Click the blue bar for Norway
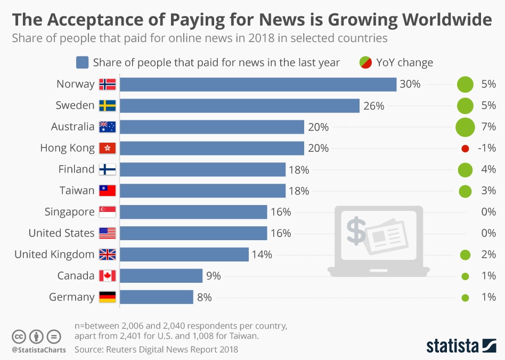[x=258, y=84]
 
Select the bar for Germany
[x=157, y=297]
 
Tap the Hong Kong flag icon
[x=107, y=148]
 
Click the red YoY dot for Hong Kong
[x=465, y=149]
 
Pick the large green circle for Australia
[x=465, y=127]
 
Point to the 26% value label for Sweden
[x=373, y=105]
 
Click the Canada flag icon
[x=107, y=276]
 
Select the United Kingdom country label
[x=54, y=255]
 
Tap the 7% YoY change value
[x=488, y=127]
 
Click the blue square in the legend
[x=82, y=62]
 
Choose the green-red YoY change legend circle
[x=365, y=62]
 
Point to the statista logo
[x=460, y=346]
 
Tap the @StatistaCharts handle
[x=39, y=350]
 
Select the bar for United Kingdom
[x=184, y=255]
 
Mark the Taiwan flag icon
[x=107, y=191]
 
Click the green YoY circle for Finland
[x=465, y=170]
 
